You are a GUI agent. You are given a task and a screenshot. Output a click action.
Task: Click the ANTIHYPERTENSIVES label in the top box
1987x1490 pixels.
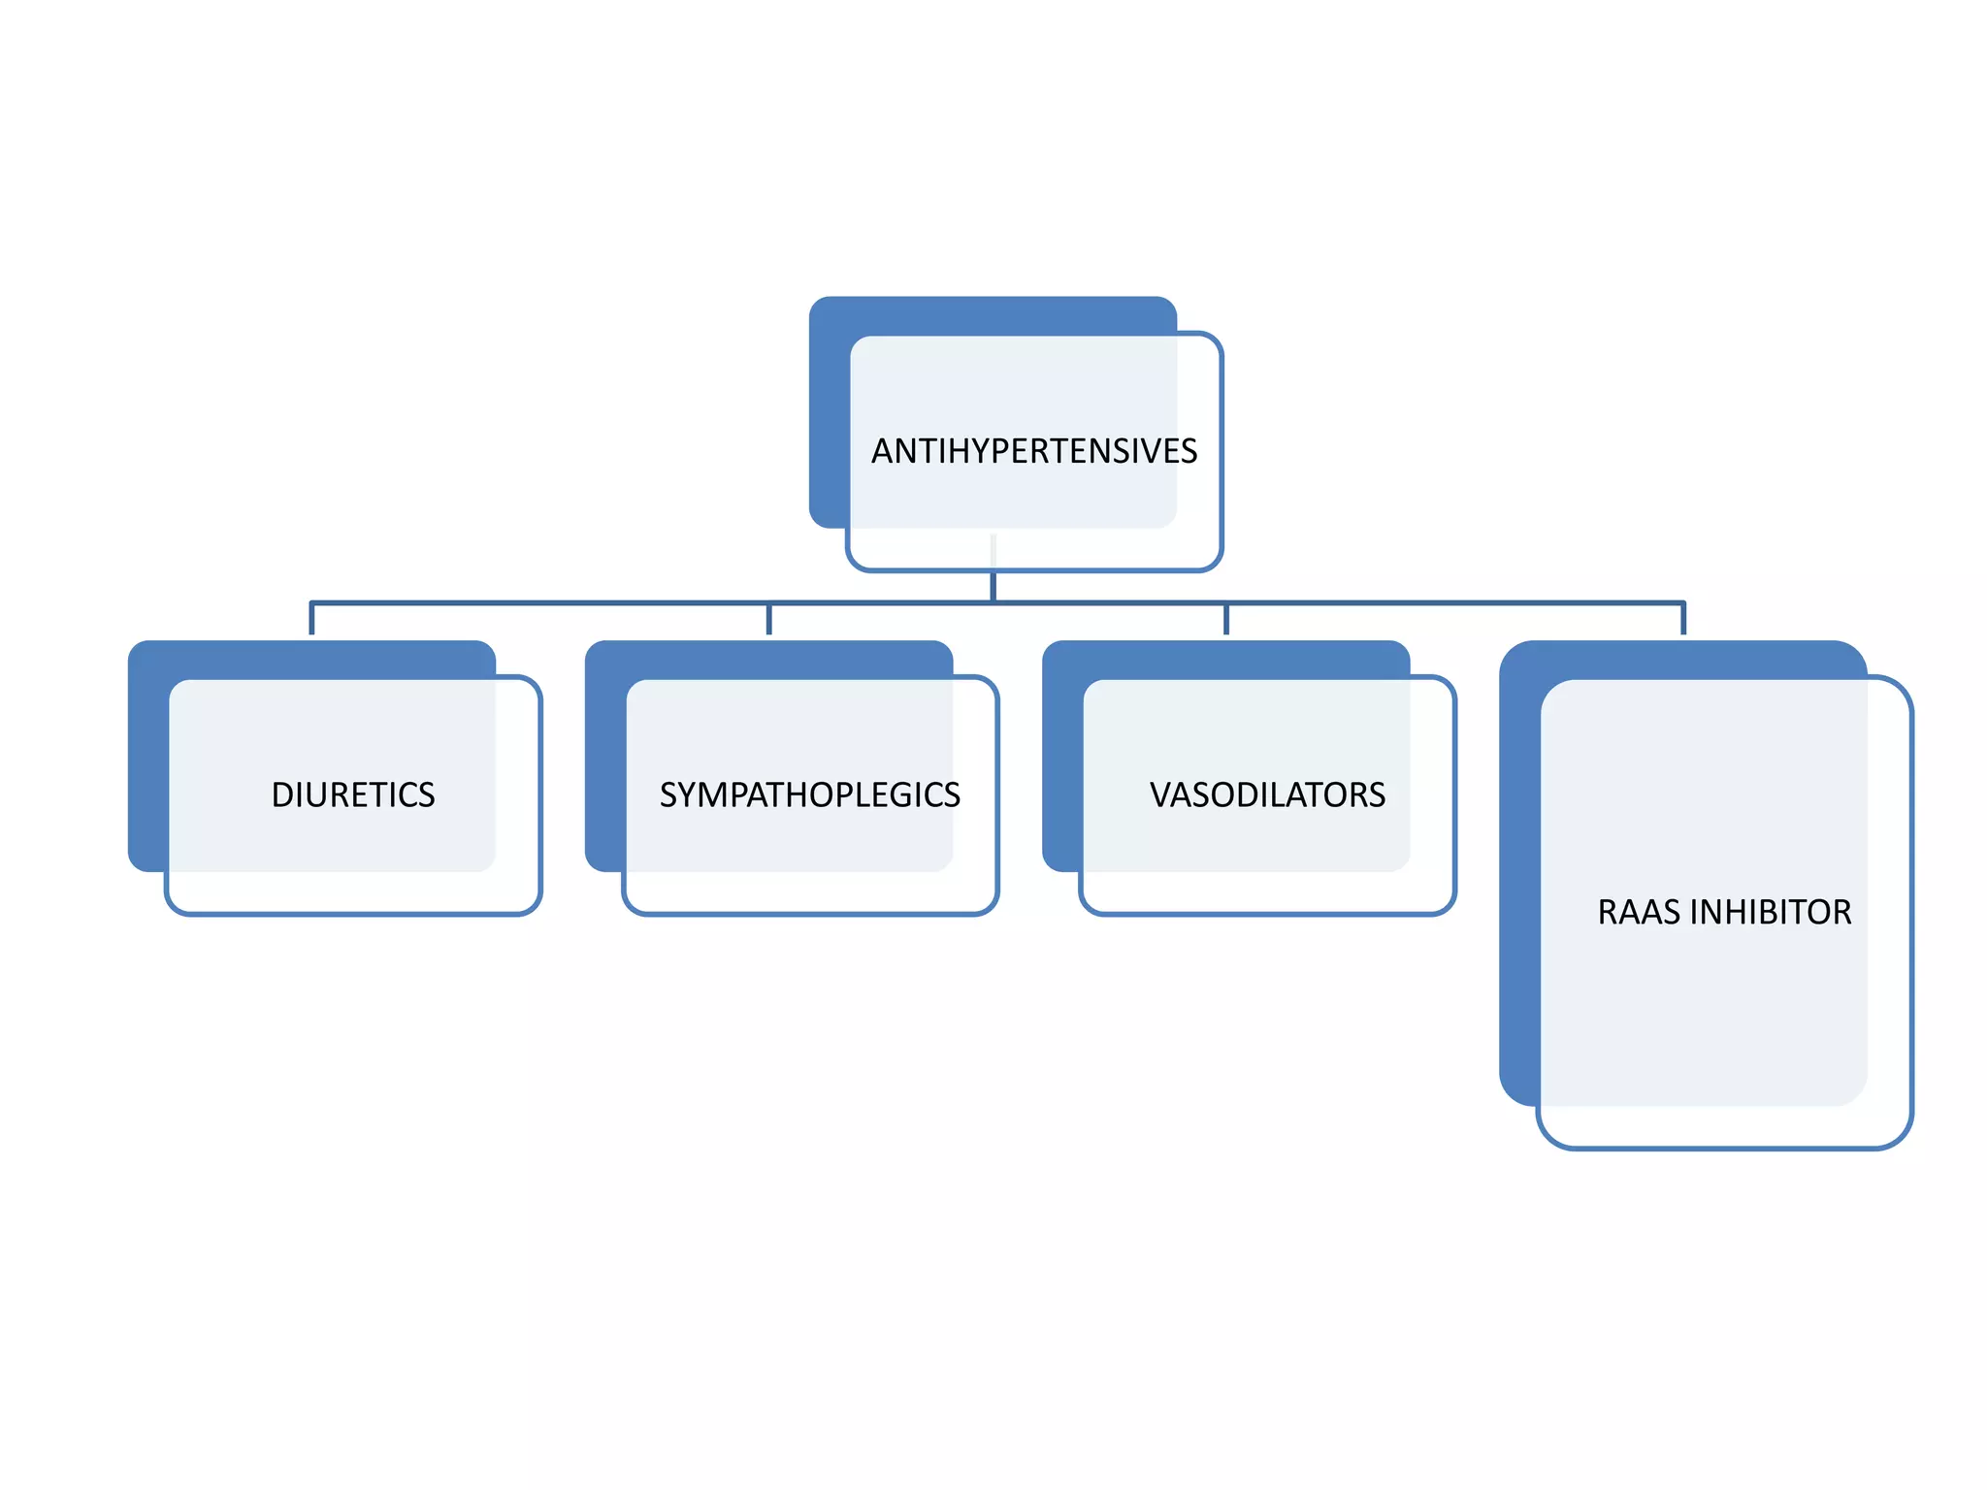1034,451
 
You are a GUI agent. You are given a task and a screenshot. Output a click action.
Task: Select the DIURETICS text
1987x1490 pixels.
353,794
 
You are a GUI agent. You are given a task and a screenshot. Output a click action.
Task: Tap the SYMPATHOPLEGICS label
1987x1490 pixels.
810,794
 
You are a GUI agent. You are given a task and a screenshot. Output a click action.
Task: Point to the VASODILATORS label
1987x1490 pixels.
1267,794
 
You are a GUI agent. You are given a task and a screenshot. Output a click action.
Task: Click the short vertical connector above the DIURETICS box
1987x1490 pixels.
311,619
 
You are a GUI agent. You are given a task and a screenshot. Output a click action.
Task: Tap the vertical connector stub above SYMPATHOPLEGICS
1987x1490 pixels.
769,619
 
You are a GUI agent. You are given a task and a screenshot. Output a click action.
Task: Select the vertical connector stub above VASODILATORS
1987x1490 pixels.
1226,619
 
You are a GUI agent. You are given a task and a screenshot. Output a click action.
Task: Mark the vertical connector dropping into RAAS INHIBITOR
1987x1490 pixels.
1683,619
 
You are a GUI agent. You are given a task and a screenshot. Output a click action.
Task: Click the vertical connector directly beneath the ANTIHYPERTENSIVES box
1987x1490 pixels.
993,586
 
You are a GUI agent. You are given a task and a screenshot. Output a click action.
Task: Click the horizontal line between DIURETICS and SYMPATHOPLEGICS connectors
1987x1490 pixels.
539,603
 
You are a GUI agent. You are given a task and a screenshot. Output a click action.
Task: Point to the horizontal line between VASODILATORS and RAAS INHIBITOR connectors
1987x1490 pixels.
1455,603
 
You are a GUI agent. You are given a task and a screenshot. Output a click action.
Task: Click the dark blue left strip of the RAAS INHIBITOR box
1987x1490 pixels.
1519,873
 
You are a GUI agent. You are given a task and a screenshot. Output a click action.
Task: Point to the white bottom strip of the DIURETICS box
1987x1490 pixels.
353,891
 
